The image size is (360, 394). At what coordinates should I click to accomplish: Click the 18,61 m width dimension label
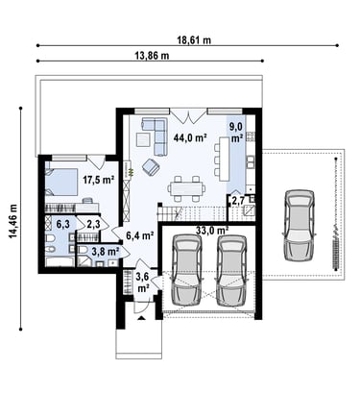194,40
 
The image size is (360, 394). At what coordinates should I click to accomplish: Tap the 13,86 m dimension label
152,56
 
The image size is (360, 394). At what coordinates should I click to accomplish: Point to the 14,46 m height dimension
13,221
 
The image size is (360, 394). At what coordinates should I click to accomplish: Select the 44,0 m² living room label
189,137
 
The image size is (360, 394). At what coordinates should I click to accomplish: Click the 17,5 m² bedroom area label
99,180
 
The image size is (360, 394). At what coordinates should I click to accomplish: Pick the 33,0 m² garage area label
212,230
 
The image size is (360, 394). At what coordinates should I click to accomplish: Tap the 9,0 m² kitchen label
236,132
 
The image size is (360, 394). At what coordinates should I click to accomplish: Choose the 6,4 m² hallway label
139,236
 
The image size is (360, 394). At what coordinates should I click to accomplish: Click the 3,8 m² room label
106,252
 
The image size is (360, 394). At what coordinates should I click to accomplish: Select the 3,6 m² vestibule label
143,282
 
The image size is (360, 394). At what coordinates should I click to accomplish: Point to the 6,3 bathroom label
62,225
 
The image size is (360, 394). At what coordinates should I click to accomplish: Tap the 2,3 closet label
93,225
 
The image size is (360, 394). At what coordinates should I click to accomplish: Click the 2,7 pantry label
238,201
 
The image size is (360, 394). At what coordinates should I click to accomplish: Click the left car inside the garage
187,271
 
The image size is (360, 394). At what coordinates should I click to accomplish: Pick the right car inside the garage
231,271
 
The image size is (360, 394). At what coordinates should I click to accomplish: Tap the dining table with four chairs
187,188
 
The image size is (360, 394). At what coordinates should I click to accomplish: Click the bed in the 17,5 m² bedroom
61,182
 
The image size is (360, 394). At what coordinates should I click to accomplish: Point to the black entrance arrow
142,318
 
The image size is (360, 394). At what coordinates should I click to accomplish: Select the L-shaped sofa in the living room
157,135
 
